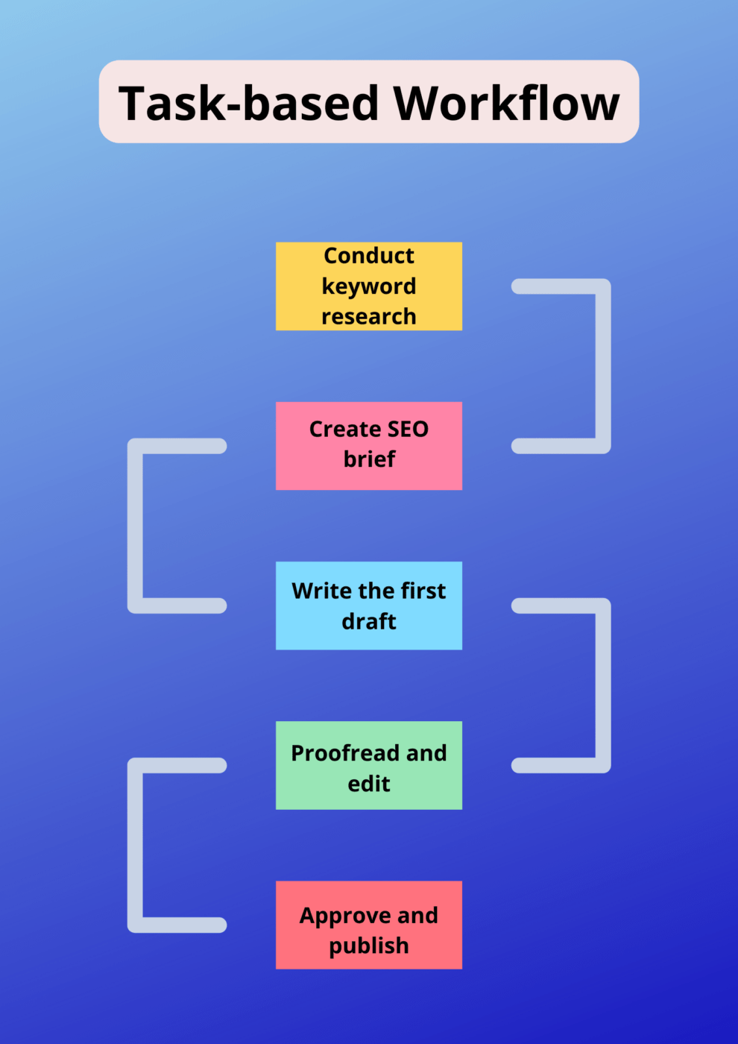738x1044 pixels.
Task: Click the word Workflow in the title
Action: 506,103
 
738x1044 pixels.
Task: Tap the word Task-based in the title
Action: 249,103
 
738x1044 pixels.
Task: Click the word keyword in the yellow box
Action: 368,286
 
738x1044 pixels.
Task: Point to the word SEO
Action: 408,430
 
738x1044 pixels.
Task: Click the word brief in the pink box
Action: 369,459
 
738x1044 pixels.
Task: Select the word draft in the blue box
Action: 368,621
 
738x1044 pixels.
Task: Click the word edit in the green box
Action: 368,784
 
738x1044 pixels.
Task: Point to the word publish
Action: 368,946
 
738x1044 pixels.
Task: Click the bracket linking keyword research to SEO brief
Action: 602,365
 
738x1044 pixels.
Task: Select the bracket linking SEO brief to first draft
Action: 136,526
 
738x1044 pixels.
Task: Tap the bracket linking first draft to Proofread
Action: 602,685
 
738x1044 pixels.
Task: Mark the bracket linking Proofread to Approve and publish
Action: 136,845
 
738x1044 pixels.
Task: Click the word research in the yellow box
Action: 368,316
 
